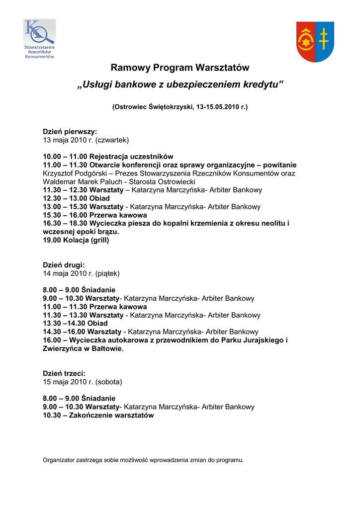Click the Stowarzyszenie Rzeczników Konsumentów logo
(39, 39)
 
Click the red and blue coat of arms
(315, 41)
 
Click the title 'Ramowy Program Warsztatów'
(180, 67)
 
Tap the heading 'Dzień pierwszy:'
(70, 132)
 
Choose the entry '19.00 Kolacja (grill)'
(76, 240)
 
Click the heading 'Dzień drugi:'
(64, 265)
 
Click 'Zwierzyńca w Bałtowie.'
(83, 348)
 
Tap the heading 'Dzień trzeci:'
(64, 373)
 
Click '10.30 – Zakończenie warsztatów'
(98, 415)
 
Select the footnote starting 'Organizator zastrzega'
(143, 460)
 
